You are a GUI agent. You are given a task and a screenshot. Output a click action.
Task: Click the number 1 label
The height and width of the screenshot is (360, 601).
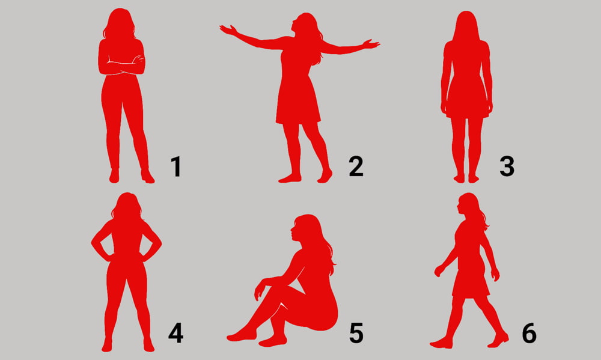[x=176, y=166]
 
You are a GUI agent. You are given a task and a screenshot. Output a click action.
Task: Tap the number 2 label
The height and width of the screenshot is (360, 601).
[x=356, y=166]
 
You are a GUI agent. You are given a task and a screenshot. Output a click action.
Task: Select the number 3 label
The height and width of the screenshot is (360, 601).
[x=507, y=166]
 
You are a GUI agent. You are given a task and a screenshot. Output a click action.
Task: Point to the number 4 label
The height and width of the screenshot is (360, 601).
[x=176, y=333]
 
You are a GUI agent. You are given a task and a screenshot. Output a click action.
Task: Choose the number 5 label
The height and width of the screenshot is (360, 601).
[x=356, y=333]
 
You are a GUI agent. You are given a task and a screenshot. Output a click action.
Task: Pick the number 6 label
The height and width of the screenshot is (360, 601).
[x=529, y=333]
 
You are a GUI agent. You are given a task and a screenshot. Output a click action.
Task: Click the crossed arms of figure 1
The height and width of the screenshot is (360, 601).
[x=121, y=64]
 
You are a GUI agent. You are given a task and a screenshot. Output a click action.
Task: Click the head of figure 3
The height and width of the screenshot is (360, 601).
[x=466, y=25]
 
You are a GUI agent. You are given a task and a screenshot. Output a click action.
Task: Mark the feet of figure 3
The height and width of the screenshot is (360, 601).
[x=466, y=178]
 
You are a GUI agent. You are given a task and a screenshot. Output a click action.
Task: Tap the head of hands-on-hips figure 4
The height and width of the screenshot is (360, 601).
[x=126, y=206]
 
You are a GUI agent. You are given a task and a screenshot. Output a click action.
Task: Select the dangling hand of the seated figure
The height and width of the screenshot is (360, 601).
[x=259, y=290]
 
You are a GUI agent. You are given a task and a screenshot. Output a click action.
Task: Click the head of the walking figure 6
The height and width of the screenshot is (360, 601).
[x=468, y=206]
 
